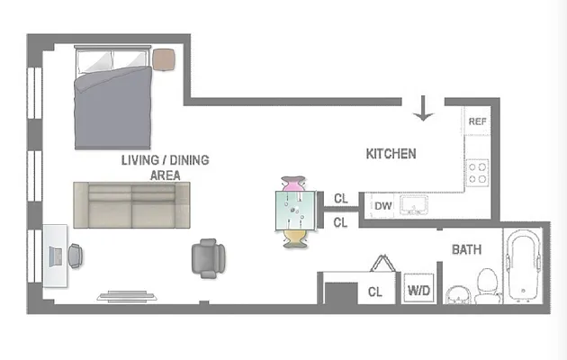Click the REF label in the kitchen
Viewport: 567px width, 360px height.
tap(477, 121)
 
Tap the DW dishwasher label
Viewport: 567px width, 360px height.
tap(382, 206)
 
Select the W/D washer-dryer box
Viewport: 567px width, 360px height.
tap(418, 289)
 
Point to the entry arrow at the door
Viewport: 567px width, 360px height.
tap(423, 108)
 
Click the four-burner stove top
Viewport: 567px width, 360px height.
tap(477, 173)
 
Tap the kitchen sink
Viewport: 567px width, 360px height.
tap(414, 205)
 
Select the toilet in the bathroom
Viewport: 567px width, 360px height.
tap(487, 285)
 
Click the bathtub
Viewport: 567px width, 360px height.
tap(523, 265)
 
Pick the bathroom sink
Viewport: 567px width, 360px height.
tap(458, 295)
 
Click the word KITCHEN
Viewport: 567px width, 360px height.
tap(391, 154)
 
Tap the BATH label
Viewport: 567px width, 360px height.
tap(466, 250)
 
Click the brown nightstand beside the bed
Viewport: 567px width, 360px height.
tap(164, 59)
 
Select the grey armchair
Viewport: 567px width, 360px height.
tap(208, 258)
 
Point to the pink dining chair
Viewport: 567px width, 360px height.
tap(293, 184)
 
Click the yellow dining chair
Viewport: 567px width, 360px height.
tap(294, 238)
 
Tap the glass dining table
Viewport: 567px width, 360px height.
tap(296, 211)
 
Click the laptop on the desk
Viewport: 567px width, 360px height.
tap(55, 256)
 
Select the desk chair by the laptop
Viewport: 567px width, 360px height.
tap(76, 256)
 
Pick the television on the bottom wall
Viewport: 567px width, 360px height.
tap(127, 296)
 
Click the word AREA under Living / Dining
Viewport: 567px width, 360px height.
tap(165, 175)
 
